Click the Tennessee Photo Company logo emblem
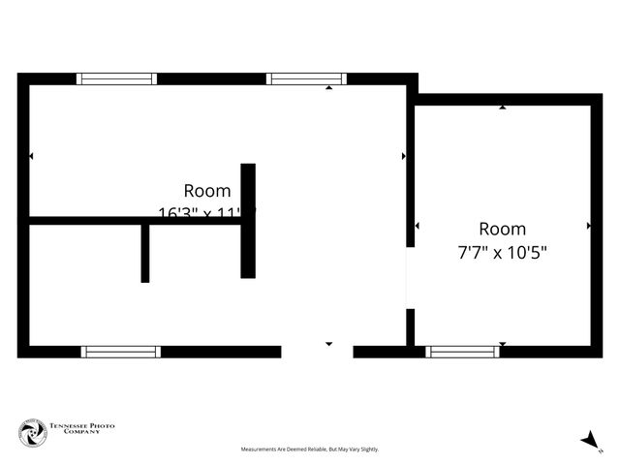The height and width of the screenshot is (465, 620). click(33, 433)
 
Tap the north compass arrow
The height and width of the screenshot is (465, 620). click(589, 441)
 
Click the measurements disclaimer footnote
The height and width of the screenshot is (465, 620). click(310, 449)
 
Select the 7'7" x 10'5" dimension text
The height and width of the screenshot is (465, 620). click(503, 253)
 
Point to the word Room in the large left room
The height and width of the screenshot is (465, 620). click(207, 191)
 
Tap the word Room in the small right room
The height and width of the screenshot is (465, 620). click(503, 230)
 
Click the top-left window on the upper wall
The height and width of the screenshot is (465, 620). click(116, 78)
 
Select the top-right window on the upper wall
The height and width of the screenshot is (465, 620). click(306, 78)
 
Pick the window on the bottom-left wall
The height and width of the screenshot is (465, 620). click(120, 352)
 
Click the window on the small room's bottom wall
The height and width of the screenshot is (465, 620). click(463, 352)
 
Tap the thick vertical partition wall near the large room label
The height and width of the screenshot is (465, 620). click(248, 221)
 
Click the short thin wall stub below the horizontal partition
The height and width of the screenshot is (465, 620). click(145, 254)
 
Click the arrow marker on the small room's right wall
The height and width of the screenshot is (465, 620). click(589, 226)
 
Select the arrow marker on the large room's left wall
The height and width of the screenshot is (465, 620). click(31, 156)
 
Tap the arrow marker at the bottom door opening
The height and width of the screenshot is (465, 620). click(329, 344)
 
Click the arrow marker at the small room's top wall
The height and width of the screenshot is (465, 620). click(503, 107)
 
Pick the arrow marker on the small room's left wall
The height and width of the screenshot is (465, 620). click(417, 226)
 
